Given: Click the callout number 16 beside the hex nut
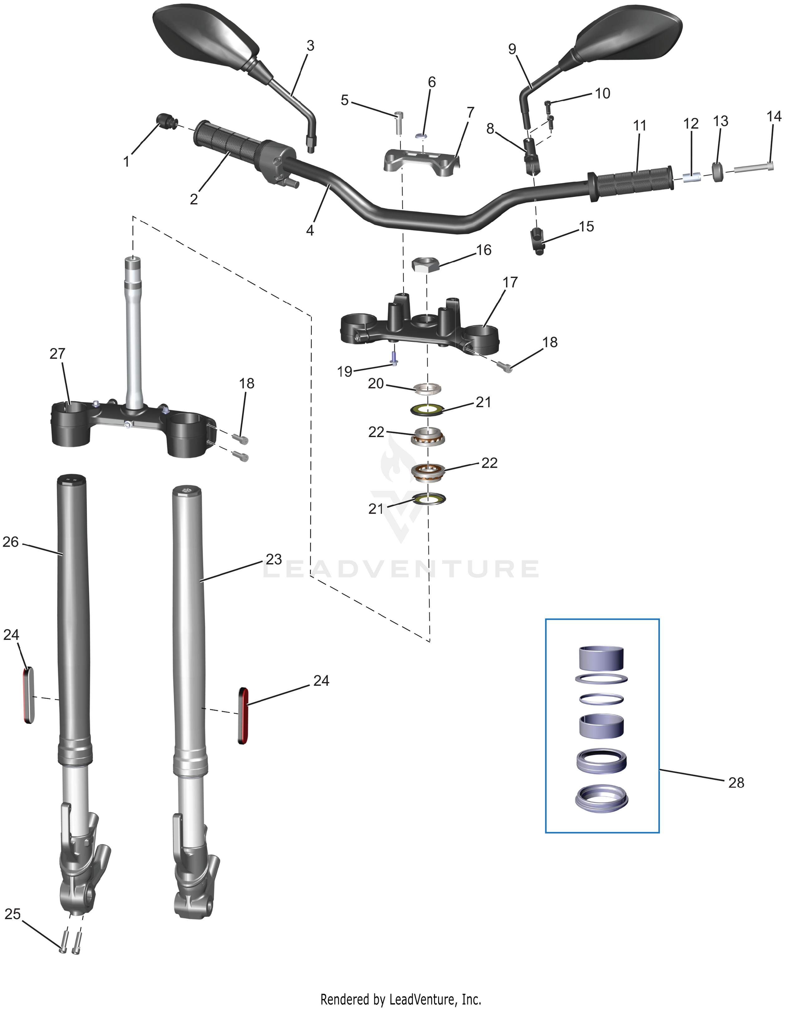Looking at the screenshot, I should pos(484,250).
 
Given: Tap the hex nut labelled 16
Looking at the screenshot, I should pos(425,265).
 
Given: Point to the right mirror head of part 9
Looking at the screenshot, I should pos(627,35).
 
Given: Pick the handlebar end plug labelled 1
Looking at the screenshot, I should pos(165,120).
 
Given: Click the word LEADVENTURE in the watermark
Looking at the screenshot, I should pos(400,568).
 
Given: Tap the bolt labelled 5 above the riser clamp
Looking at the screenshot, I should pos(399,123).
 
